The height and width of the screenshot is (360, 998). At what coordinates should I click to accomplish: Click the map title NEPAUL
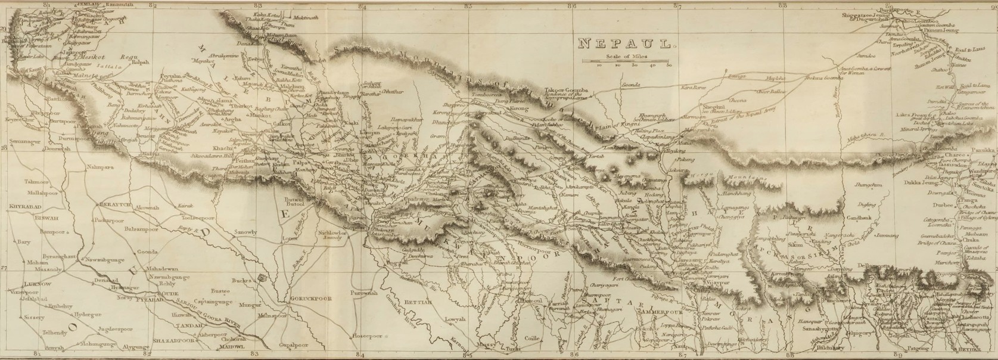(x=626, y=43)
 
